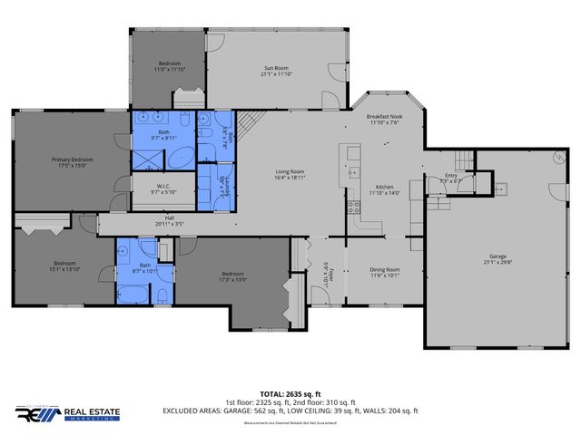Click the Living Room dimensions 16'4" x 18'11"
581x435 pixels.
290,178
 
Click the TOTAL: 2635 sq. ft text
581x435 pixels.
290,391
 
